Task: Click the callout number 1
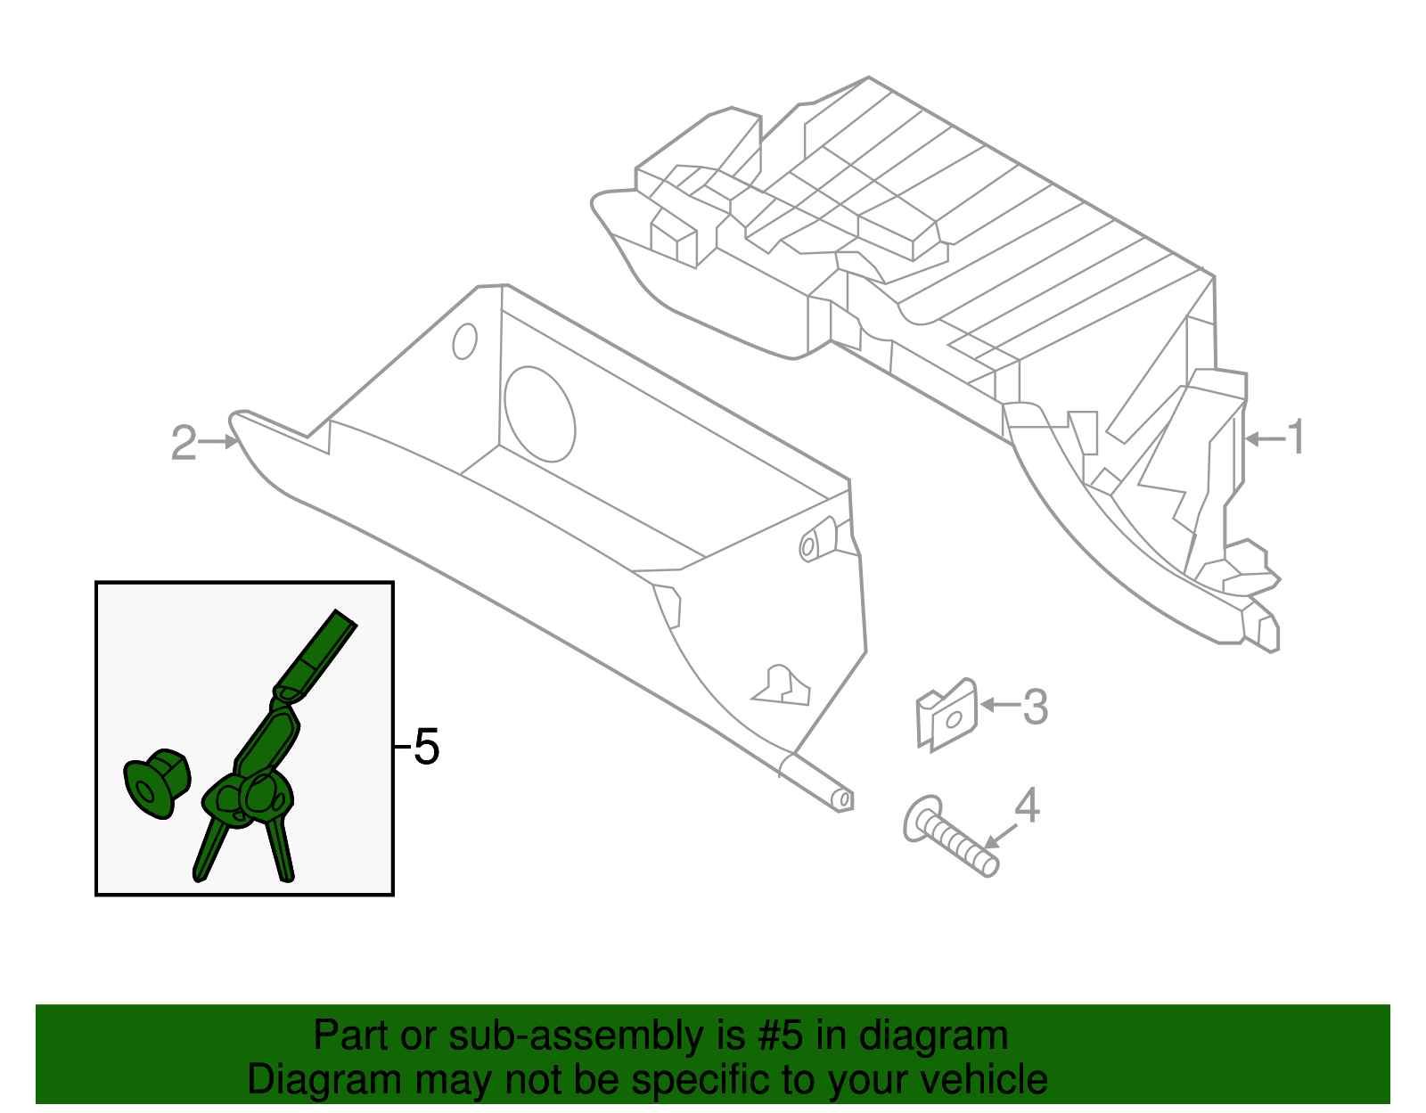(x=1295, y=437)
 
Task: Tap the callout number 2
(x=183, y=443)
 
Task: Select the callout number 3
(x=1036, y=707)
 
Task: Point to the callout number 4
(x=1027, y=806)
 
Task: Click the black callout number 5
(x=427, y=747)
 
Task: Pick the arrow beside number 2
(x=218, y=442)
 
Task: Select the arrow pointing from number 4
(x=1001, y=837)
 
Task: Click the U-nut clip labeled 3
(x=946, y=715)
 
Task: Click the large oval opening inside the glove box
(x=539, y=413)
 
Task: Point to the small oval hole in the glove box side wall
(x=464, y=341)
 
